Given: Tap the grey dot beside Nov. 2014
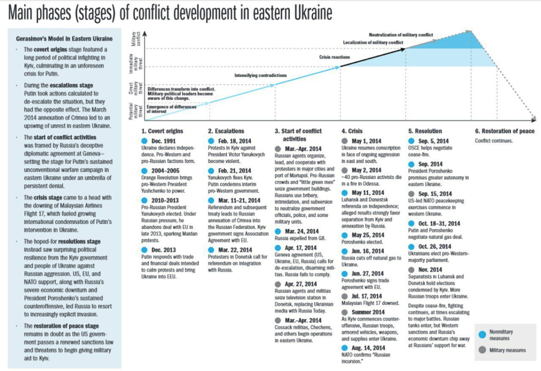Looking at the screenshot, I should (x=411, y=270).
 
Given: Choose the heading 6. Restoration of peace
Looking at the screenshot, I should (x=505, y=131).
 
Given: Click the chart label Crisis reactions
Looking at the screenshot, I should (x=334, y=57).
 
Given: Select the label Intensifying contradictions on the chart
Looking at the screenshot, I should (x=260, y=76).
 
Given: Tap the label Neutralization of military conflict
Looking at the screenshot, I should (x=401, y=35).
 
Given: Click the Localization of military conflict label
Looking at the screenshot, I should (x=373, y=43).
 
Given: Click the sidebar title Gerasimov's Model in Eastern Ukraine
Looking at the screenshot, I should (x=64, y=39).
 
